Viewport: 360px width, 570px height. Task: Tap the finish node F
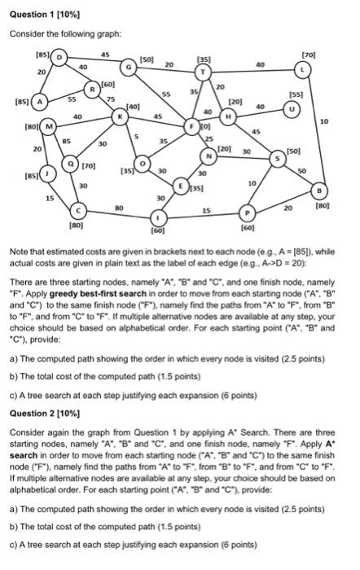pyautogui.click(x=192, y=126)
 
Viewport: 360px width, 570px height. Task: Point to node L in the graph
pyautogui.click(x=305, y=72)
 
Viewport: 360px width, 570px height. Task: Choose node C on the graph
pyautogui.click(x=77, y=208)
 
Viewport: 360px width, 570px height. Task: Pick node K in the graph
pyautogui.click(x=121, y=116)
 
